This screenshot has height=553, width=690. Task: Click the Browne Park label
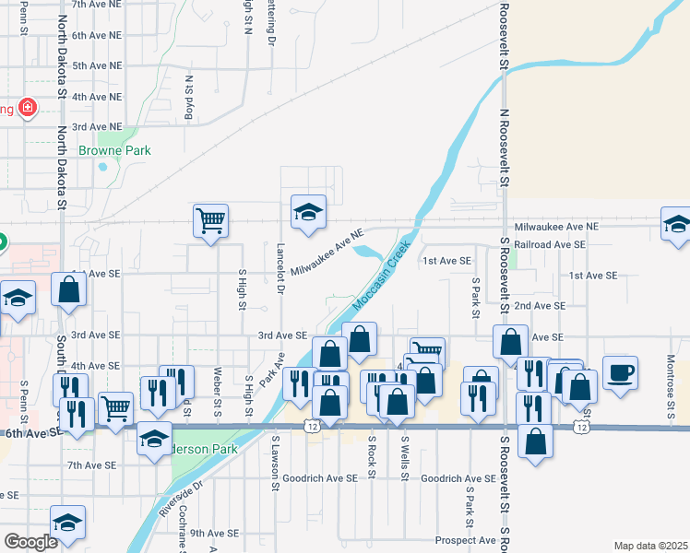pos(114,150)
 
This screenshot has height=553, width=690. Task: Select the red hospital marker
pos(28,108)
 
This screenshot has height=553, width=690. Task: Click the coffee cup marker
pos(620,372)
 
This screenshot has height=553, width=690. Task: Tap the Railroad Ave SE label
pos(550,245)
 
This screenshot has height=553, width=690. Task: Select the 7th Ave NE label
pos(97,5)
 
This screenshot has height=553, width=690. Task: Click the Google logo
pos(30,542)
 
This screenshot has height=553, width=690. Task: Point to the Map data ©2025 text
pos(651,546)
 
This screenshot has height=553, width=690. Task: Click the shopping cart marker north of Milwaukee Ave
pos(210,221)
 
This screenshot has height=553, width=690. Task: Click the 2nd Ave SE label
pos(539,305)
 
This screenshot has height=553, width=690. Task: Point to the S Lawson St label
pos(275,458)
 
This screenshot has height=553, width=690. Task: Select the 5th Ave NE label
pos(97,65)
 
